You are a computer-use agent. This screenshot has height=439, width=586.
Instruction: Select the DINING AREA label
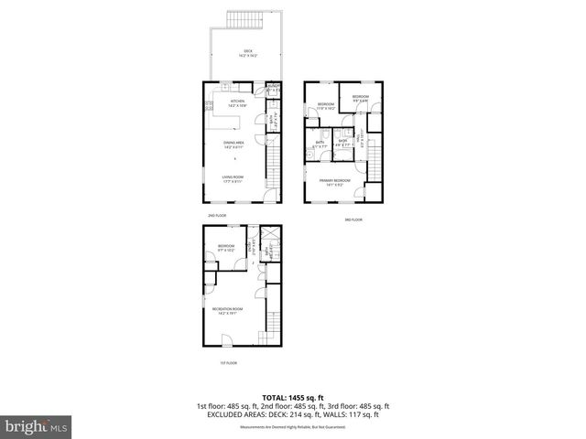(233, 145)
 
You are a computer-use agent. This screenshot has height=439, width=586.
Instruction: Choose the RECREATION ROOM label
(227, 310)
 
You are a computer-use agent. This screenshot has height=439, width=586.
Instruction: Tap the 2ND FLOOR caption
(217, 215)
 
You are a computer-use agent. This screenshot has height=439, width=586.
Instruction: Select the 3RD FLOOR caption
(354, 219)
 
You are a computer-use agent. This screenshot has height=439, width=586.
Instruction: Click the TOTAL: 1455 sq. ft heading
(292, 397)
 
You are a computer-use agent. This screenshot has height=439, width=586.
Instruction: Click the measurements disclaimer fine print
(292, 427)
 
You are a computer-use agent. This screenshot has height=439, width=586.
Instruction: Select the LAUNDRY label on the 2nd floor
(272, 87)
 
